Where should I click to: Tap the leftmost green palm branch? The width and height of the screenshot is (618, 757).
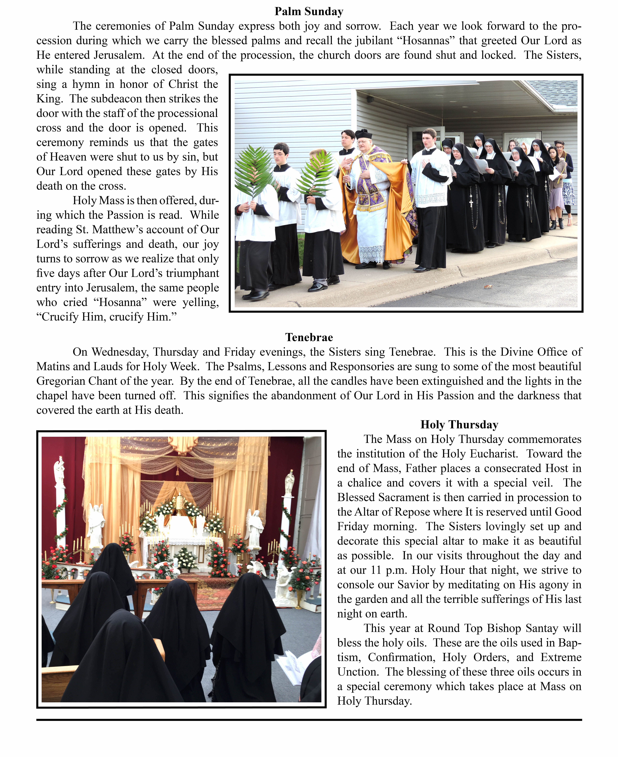point(254,171)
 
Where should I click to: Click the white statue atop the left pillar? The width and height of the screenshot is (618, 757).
point(59,471)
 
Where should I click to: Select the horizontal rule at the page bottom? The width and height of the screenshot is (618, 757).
point(309,720)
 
